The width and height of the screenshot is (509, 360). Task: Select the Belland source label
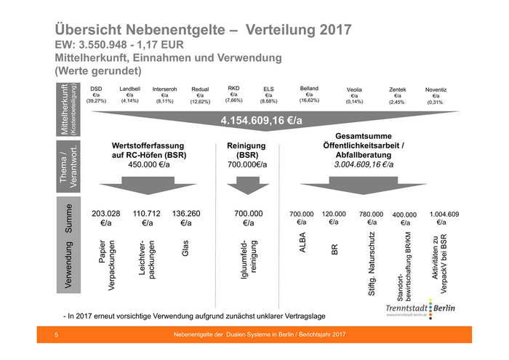pyautogui.click(x=309, y=88)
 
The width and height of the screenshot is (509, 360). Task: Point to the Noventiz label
pyautogui.click(x=436, y=89)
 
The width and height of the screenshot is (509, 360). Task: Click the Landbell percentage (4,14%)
pyautogui.click(x=130, y=101)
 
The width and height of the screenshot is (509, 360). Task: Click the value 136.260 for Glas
pyautogui.click(x=186, y=214)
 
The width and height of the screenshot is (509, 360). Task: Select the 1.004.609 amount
pyautogui.click(x=444, y=214)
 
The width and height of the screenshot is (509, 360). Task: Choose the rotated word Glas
pyautogui.click(x=186, y=249)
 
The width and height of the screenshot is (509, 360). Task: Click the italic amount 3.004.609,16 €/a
pyautogui.click(x=364, y=165)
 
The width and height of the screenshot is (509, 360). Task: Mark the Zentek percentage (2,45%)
pyautogui.click(x=398, y=102)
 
